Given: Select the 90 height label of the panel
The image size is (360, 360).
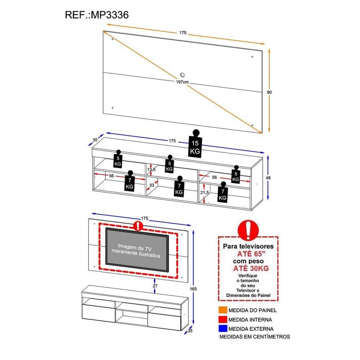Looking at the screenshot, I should tap(269, 92).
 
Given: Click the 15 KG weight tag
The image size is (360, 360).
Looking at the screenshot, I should tap(195, 147).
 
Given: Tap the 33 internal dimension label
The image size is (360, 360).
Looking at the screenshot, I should tap(152, 185).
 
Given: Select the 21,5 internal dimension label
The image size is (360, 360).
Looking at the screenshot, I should tap(205, 192).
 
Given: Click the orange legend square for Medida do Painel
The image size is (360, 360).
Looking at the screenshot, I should tap(223, 310).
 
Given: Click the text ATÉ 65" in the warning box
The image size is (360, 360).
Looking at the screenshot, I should tap(248, 254).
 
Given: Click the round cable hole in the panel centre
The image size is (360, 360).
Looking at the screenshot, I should tap(182, 75).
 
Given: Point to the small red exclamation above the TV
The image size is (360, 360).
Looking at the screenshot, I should tap(137, 225).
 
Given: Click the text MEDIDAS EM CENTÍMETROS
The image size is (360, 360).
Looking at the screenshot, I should tap(254, 337).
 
